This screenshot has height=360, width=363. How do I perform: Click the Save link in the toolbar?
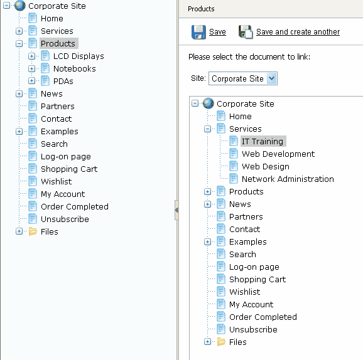click(217, 32)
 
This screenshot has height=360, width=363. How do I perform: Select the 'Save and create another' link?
click(298, 32)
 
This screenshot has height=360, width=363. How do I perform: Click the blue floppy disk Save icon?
click(198, 32)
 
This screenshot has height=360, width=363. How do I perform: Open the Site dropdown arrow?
click(271, 78)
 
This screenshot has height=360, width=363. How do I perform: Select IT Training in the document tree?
click(263, 141)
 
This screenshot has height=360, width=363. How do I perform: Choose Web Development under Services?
click(278, 154)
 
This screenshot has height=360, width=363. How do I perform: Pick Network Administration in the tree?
click(288, 179)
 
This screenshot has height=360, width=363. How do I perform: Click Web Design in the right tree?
click(266, 166)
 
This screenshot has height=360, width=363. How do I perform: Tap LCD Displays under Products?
click(79, 56)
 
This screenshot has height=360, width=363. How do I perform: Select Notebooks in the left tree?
click(75, 68)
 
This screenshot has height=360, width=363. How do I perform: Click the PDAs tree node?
click(63, 81)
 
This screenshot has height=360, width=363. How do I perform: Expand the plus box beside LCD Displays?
click(31, 56)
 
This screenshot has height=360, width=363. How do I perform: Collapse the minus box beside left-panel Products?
click(19, 44)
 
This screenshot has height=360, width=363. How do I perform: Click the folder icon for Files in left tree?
click(33, 231)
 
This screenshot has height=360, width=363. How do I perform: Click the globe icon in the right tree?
click(208, 103)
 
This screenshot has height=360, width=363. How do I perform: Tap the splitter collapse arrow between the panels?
click(176, 210)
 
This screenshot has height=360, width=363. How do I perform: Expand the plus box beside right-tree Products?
click(207, 192)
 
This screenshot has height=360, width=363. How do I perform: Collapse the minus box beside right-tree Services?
click(207, 129)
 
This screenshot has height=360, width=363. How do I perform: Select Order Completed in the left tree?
click(75, 206)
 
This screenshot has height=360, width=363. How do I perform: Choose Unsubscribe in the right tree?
click(253, 329)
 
